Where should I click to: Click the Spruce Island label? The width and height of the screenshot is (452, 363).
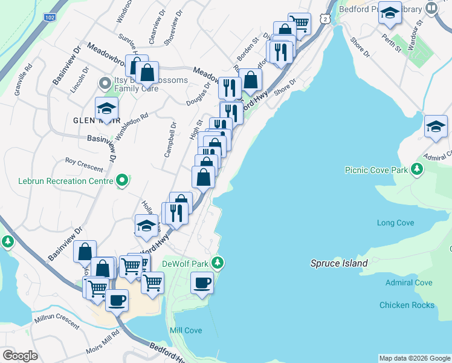338,263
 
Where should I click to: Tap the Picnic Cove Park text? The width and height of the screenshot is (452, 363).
376,170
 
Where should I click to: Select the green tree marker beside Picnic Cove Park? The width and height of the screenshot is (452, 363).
416,168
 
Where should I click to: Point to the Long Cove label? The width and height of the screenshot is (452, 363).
395,223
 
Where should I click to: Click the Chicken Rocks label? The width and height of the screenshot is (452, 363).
407,305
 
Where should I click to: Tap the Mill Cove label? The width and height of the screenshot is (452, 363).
186,330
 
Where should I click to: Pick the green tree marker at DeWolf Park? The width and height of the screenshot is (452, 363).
218,263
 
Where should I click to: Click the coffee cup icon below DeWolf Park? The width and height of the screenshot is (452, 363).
202,283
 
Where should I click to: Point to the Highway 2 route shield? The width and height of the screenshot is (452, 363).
326,19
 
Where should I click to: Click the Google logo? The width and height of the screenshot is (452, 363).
21,355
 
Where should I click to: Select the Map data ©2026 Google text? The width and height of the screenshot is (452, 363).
415,358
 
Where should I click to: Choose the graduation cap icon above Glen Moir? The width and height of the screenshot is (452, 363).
106,109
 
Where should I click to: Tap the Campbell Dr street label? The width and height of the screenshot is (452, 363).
170,140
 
